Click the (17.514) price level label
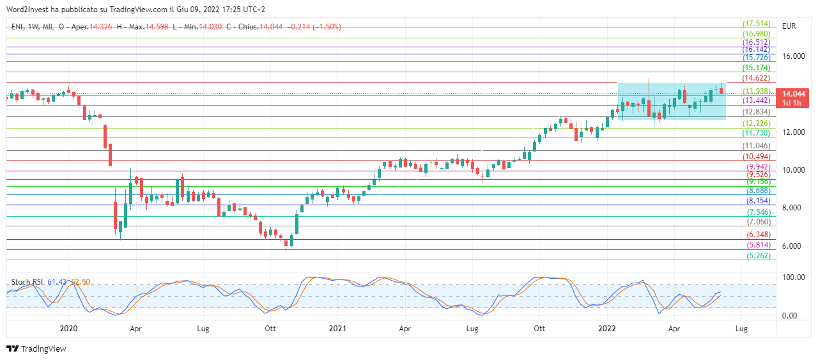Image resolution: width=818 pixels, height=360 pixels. pyautogui.click(x=755, y=24)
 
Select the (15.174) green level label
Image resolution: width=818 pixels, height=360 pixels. pyautogui.click(x=755, y=68)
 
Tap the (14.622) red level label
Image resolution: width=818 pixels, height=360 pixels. pyautogui.click(x=755, y=77)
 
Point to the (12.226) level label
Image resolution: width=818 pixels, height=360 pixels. pyautogui.click(x=755, y=123)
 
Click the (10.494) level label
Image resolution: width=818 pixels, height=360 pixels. pyautogui.click(x=755, y=157)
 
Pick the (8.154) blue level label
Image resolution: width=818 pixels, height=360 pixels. pyautogui.click(x=755, y=201)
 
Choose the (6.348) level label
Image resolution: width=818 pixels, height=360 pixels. pyautogui.click(x=755, y=235)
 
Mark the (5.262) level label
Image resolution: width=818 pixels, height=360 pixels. pyautogui.click(x=755, y=255)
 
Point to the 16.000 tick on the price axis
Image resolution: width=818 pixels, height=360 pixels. pyautogui.click(x=794, y=56)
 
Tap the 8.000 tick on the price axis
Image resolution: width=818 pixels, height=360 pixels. pyautogui.click(x=791, y=208)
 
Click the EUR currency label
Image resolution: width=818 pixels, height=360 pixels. pyautogui.click(x=789, y=26)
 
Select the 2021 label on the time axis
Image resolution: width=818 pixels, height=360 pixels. pyautogui.click(x=337, y=329)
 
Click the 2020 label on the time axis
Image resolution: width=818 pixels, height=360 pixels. pyautogui.click(x=68, y=329)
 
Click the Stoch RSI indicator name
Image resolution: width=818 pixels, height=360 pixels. pyautogui.click(x=27, y=282)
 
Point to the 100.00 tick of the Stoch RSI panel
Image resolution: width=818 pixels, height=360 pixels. pyautogui.click(x=792, y=278)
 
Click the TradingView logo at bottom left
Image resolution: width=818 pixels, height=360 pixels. pyautogui.click(x=36, y=349)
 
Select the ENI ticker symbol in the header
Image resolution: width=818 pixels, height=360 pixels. pyautogui.click(x=17, y=27)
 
